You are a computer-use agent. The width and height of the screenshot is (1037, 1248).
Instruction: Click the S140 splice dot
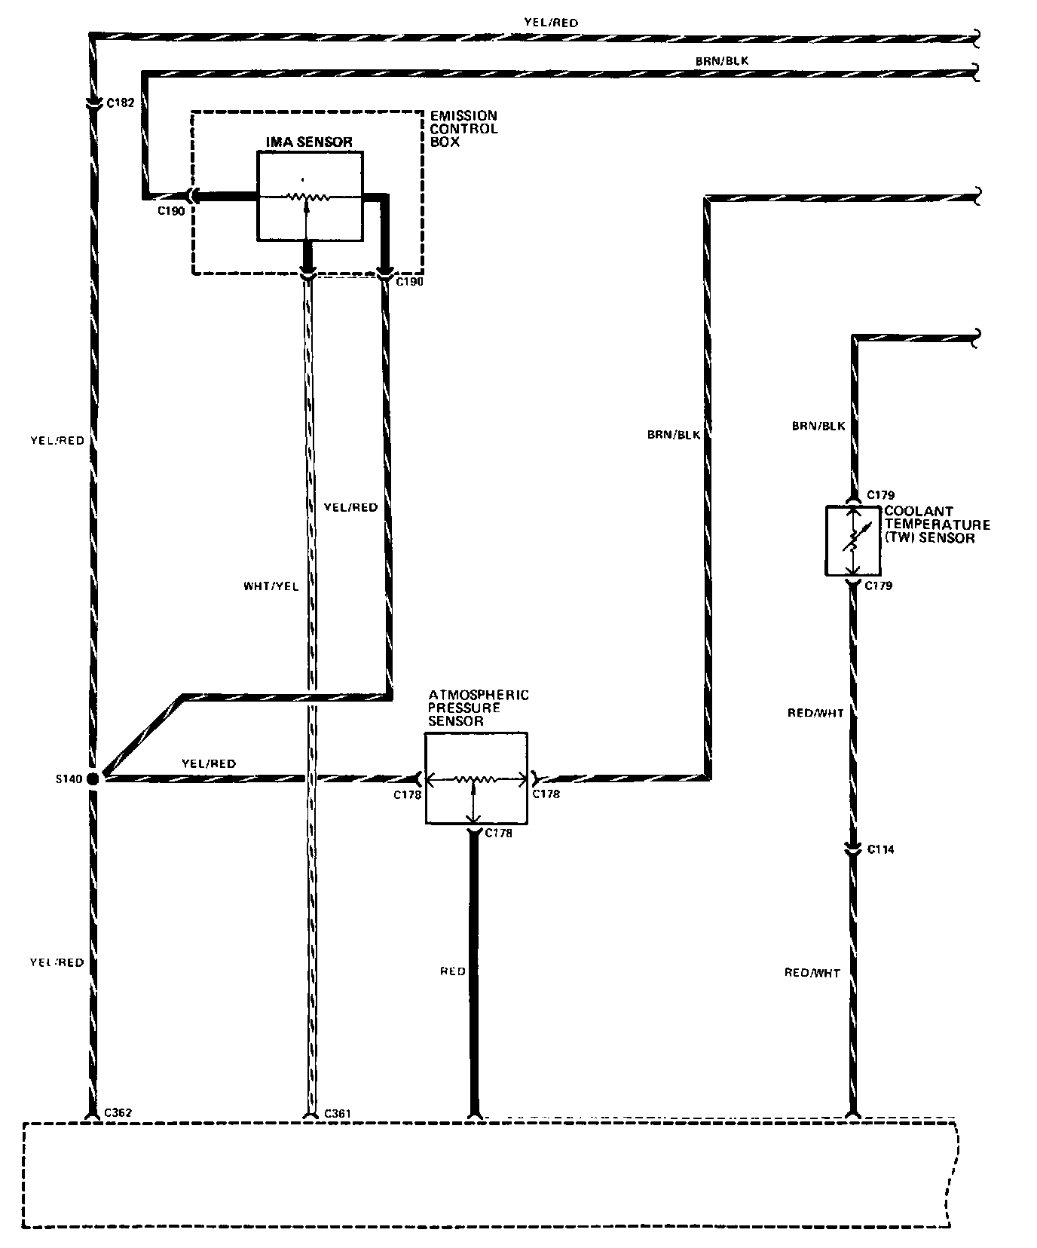pyautogui.click(x=93, y=778)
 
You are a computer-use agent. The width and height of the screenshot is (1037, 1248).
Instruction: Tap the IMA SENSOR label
pyautogui.click(x=309, y=142)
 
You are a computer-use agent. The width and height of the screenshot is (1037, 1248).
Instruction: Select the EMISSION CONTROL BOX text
pyautogui.click(x=463, y=128)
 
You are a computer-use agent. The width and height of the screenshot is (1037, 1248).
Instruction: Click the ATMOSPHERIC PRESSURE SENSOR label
pyautogui.click(x=478, y=708)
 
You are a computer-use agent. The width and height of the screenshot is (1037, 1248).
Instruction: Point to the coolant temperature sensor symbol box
pyautogui.click(x=852, y=541)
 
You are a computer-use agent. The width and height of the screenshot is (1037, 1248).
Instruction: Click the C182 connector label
pyautogui.click(x=121, y=102)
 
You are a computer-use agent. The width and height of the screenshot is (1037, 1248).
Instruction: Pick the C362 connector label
pyautogui.click(x=119, y=1112)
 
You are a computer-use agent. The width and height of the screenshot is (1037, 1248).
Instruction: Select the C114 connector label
pyautogui.click(x=880, y=849)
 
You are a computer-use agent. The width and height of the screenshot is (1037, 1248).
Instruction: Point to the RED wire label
pyautogui.click(x=452, y=971)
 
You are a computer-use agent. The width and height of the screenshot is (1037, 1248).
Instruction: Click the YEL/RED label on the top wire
pyautogui.click(x=551, y=23)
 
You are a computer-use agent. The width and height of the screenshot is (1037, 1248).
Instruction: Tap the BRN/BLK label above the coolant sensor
pyautogui.click(x=818, y=426)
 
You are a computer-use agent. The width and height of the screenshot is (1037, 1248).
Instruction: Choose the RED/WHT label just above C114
pyautogui.click(x=815, y=713)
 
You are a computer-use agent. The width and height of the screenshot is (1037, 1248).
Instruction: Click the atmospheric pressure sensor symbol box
pyautogui.click(x=476, y=778)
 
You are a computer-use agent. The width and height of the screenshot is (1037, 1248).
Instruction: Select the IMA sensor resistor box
pyautogui.click(x=310, y=194)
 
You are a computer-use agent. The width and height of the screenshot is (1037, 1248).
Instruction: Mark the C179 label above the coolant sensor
pyautogui.click(x=880, y=495)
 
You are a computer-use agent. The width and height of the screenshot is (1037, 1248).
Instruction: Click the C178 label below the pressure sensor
pyautogui.click(x=499, y=833)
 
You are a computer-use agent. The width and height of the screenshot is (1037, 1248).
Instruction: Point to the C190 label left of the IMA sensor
pyautogui.click(x=171, y=211)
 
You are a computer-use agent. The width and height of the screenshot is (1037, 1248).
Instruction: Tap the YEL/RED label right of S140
pyautogui.click(x=209, y=763)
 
